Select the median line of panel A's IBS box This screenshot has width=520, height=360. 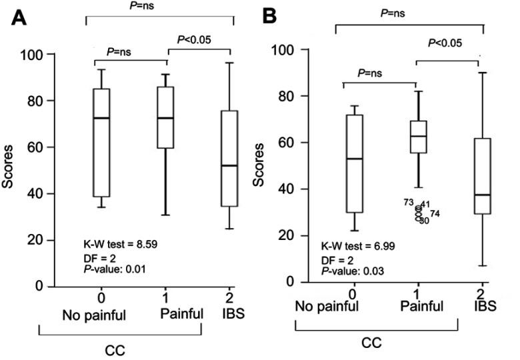(x=230, y=165)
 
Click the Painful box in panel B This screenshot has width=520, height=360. (x=418, y=137)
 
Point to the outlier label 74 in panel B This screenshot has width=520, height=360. (x=435, y=213)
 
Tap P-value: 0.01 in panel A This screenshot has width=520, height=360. (x=113, y=269)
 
